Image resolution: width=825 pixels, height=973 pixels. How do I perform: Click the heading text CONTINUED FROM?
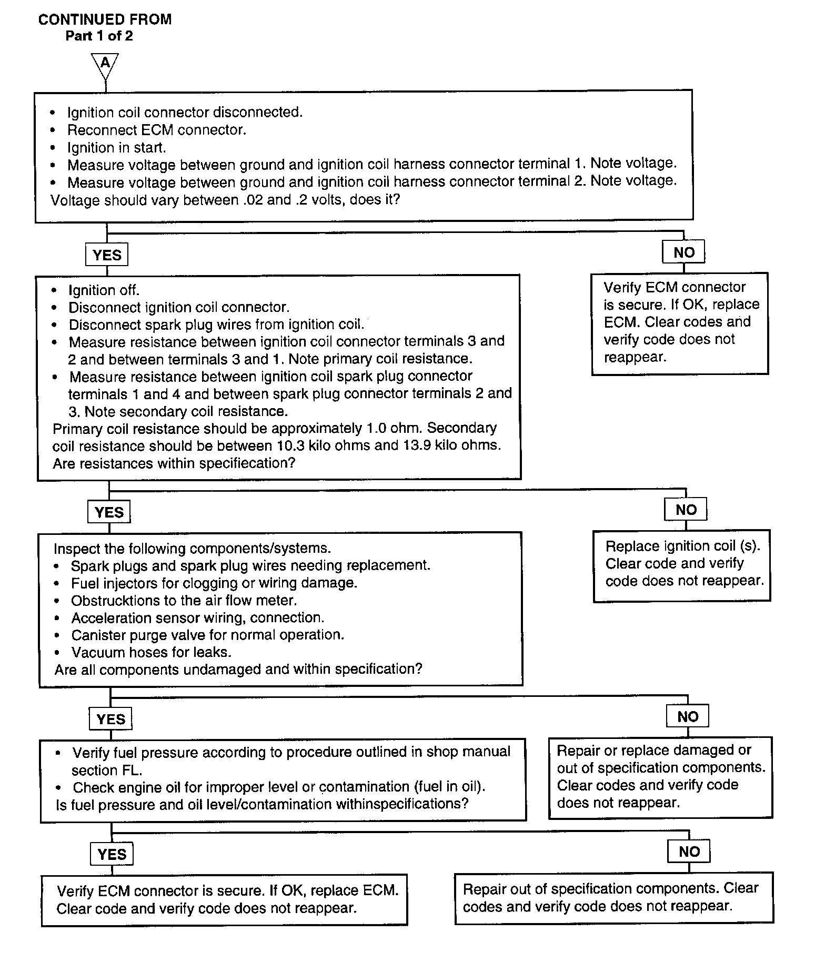click(105, 19)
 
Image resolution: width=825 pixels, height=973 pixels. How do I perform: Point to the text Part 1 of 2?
click(99, 36)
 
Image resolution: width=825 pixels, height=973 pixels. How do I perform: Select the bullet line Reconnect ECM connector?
click(156, 130)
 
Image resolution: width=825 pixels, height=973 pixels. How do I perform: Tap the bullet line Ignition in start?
click(116, 148)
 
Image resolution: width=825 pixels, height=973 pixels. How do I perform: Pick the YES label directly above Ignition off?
click(107, 255)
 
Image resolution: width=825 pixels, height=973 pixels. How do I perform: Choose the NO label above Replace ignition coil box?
click(686, 510)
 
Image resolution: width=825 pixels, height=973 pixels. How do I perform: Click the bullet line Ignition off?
click(104, 290)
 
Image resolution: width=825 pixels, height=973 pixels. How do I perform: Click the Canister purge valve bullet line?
click(207, 635)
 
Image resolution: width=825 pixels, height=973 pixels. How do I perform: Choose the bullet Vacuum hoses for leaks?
click(151, 653)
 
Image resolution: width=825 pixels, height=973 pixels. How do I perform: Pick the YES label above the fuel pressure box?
click(110, 719)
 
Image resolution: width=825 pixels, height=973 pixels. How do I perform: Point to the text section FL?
click(107, 770)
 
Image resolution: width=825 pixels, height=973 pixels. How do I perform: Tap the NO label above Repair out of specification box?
click(689, 852)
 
